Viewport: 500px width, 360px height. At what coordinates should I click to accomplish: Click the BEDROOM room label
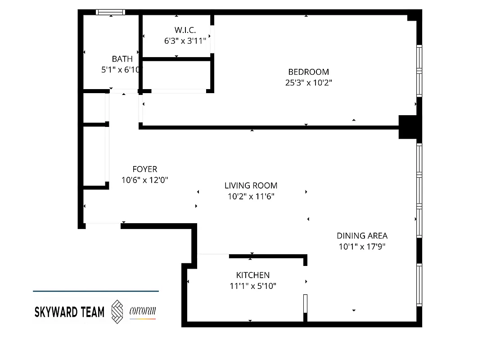point(308,72)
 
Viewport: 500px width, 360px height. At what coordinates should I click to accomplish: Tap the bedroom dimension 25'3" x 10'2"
point(308,83)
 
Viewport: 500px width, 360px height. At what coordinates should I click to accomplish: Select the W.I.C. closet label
point(185,30)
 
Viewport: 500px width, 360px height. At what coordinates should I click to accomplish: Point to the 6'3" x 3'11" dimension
point(185,40)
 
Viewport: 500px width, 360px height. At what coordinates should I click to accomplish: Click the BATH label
point(122,59)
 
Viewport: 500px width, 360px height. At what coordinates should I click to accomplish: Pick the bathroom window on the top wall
point(111,13)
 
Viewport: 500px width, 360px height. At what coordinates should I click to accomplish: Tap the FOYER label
point(145,169)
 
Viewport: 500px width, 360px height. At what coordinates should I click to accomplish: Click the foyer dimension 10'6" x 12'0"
point(145,180)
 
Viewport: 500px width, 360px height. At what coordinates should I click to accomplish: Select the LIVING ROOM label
point(251,185)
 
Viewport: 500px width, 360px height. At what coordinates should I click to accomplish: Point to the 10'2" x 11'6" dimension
point(251,196)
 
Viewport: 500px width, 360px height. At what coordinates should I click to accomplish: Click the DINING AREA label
point(362,236)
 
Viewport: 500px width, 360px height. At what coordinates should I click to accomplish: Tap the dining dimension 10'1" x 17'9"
point(362,247)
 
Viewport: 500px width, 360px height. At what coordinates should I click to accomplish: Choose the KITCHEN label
point(253,275)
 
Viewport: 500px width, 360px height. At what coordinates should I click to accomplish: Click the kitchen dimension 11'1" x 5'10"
point(253,286)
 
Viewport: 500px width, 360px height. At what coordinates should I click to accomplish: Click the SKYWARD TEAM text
point(69,312)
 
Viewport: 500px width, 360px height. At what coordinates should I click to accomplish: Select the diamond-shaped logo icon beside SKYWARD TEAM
point(117,311)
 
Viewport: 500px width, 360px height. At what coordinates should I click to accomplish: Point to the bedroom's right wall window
point(419,71)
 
